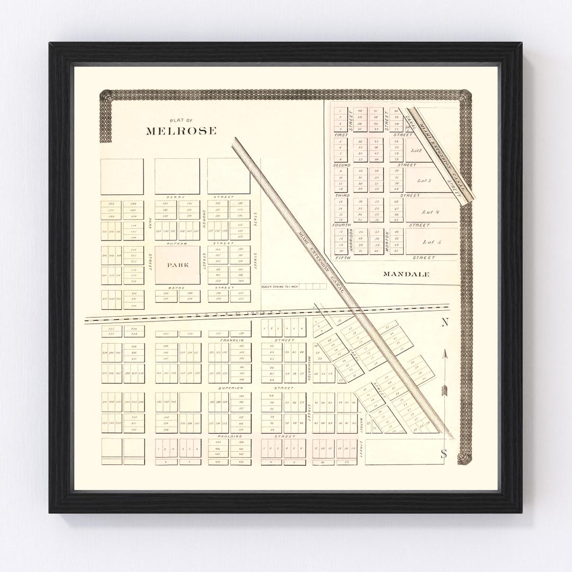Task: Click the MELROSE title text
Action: coord(181,131)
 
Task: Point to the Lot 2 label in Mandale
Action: coord(416,150)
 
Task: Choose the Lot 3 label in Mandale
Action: coord(424,181)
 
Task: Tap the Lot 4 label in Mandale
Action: coord(431,212)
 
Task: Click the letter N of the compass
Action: coord(445,322)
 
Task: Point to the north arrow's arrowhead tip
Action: coord(446,350)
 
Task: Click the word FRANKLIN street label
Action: coord(234,339)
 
